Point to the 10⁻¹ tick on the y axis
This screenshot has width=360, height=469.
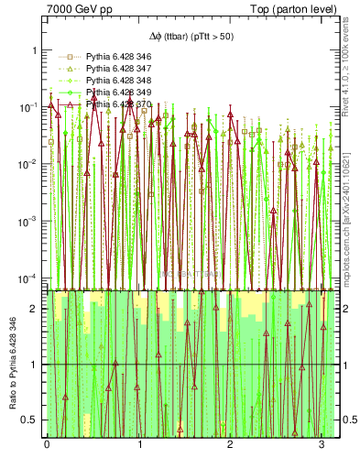click(27, 108)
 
